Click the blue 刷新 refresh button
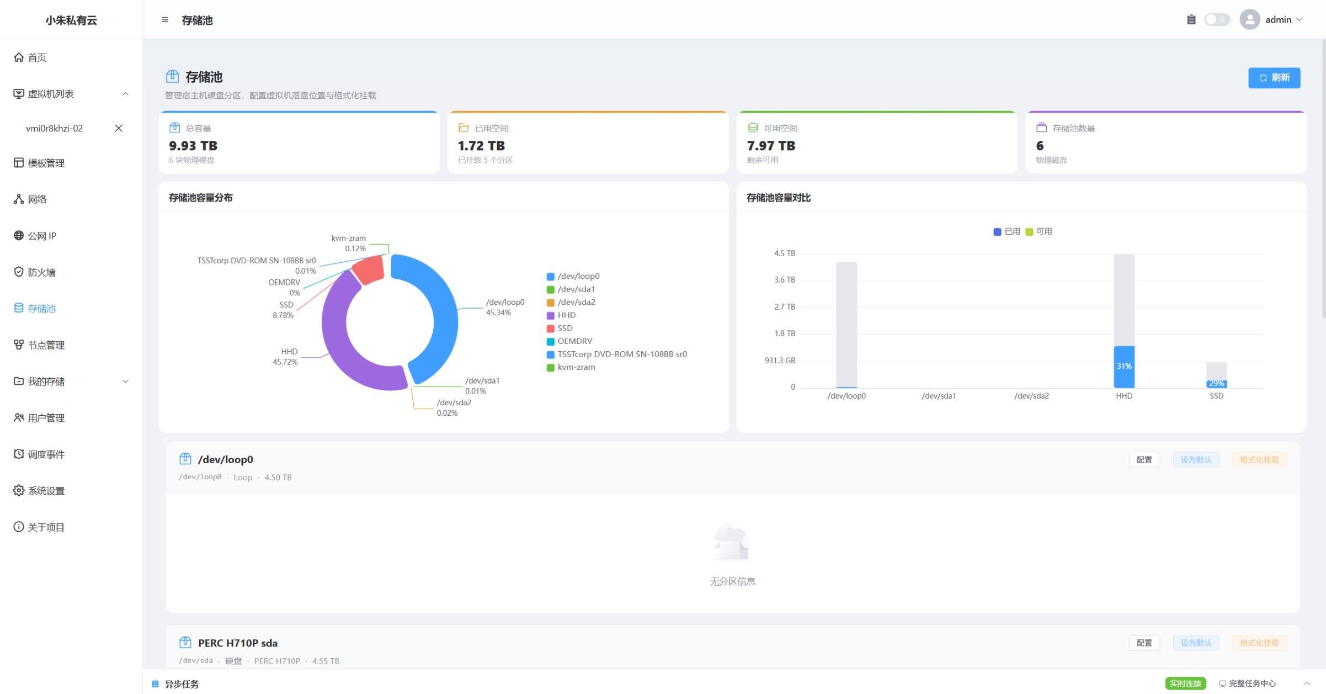tap(1274, 78)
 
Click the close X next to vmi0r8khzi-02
tap(119, 128)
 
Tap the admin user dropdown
tap(1271, 20)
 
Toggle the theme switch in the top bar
tap(1216, 20)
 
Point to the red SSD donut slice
tap(368, 269)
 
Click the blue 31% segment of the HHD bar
tap(1123, 367)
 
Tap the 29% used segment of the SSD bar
tap(1216, 384)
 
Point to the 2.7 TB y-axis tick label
tap(784, 307)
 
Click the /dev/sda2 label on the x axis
tap(1031, 396)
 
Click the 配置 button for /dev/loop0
tap(1144, 459)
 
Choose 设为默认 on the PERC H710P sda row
tap(1196, 643)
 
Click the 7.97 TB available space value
tap(771, 146)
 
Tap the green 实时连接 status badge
tap(1185, 684)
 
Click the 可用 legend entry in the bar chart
tap(1039, 231)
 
